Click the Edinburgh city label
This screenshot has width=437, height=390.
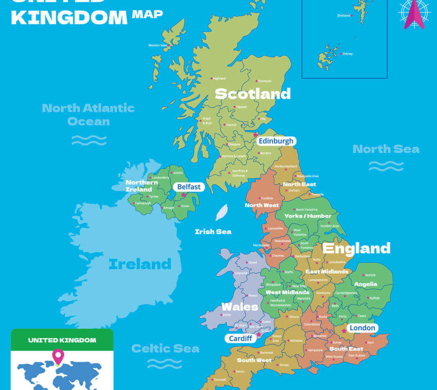[276, 141]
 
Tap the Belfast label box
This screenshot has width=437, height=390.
[189, 187]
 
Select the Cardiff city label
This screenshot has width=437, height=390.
[241, 338]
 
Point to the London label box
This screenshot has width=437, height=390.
[362, 328]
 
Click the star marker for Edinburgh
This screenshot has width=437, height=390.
[256, 135]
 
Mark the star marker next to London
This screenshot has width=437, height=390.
[344, 331]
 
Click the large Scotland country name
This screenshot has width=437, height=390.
[253, 94]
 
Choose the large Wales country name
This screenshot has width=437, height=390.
[240, 307]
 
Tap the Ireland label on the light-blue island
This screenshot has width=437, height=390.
[140, 264]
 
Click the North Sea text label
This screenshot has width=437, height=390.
[386, 149]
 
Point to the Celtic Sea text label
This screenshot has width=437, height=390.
[165, 348]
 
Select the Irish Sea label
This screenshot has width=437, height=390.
[213, 232]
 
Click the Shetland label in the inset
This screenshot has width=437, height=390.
[343, 15]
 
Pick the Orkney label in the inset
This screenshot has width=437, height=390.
[348, 54]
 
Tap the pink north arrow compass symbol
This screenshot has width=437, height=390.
[414, 14]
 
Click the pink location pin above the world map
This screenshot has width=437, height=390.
[58, 356]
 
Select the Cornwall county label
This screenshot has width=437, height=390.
[220, 380]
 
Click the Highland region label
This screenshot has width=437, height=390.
[219, 79]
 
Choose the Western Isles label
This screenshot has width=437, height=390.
[158, 45]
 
